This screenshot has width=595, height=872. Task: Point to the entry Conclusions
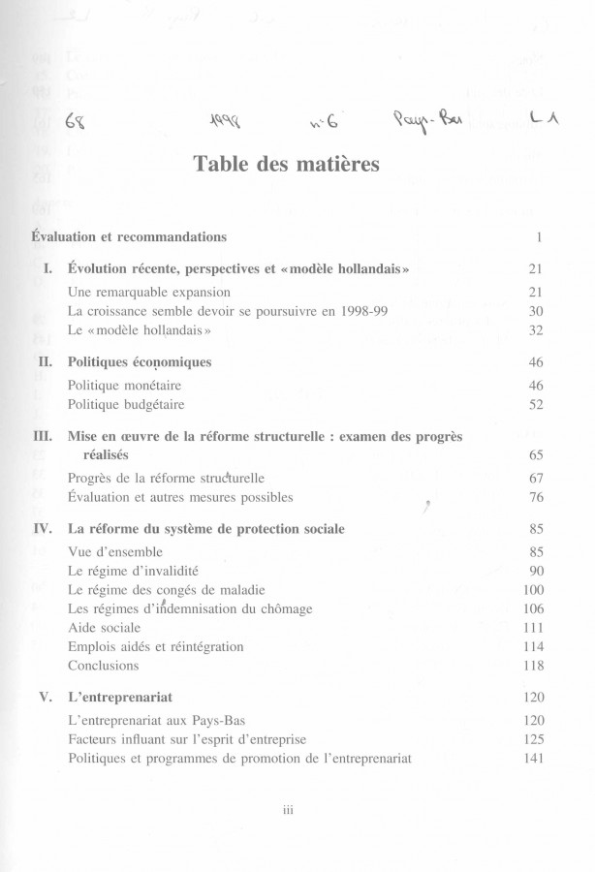click(104, 666)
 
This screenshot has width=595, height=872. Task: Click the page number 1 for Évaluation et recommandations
click(538, 236)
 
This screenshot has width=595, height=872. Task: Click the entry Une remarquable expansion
click(149, 292)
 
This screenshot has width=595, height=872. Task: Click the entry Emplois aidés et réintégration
click(156, 646)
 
